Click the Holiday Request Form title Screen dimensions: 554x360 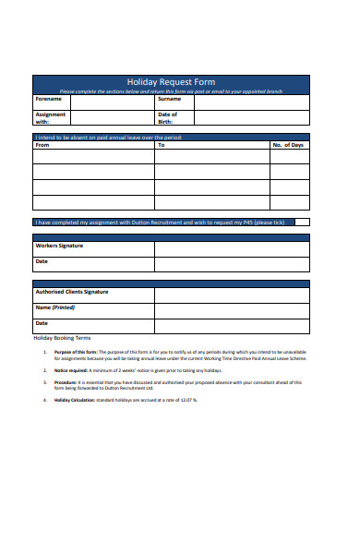coord(171,82)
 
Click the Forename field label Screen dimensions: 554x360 coord(49,99)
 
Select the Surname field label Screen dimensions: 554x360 coord(169,99)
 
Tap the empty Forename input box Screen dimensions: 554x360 coord(112,102)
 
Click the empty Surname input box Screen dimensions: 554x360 coord(252,102)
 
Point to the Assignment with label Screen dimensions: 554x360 coord(50,117)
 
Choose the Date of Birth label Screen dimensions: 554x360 coord(167,117)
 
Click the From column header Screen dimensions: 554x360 coord(42,145)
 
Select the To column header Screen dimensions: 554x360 coord(162,145)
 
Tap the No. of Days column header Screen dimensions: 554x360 coord(288,145)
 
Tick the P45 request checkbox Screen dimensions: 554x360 coord(302,222)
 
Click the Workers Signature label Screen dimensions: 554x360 coord(59,247)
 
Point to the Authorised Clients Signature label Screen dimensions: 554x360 coord(71,292)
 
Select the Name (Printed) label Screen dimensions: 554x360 coord(54,307)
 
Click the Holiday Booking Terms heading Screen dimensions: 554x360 coord(63,338)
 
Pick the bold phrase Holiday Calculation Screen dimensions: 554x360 coord(74,400)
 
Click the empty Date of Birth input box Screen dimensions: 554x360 coord(252,117)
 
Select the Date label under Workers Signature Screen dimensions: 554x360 coord(41,261)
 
